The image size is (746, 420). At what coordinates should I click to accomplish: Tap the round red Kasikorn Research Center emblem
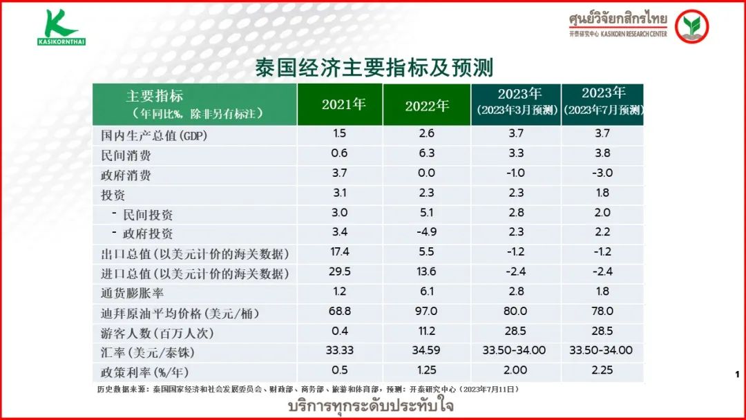(691, 26)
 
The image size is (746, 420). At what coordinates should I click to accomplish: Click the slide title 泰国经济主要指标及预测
(373, 68)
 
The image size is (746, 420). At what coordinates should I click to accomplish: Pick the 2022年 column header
(427, 105)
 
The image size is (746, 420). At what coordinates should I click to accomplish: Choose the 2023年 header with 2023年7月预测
(603, 102)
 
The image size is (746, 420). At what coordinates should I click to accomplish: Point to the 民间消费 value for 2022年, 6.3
(426, 153)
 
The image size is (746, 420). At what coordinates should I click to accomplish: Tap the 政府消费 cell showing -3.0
(602, 173)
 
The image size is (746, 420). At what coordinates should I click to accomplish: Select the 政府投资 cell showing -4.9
(426, 232)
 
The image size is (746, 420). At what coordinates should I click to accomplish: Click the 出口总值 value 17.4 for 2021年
(340, 252)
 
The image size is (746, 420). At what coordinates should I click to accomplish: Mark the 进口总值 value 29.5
(340, 272)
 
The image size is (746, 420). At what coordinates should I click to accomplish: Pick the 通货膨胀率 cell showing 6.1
(426, 292)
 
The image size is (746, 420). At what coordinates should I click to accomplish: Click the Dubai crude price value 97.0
(426, 312)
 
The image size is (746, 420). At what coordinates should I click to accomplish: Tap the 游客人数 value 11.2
(426, 331)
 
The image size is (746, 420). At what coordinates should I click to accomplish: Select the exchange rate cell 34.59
(426, 350)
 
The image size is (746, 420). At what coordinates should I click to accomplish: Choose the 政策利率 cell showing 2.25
(602, 370)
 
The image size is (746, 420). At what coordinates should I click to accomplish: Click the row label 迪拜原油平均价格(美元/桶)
(180, 313)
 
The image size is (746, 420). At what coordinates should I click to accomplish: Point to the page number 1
(737, 374)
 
